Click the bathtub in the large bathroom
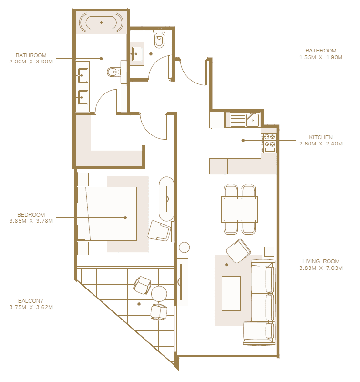pyautogui.click(x=101, y=23)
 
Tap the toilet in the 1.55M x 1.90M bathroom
pyautogui.click(x=159, y=39)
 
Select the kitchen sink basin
pyautogui.click(x=253, y=120)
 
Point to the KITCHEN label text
pyautogui.click(x=321, y=137)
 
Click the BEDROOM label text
pyautogui.click(x=31, y=215)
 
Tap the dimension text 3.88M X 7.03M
pyautogui.click(x=321, y=268)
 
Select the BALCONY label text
pyautogui.click(x=31, y=301)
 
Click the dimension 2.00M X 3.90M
pyautogui.click(x=31, y=62)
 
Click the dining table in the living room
pyautogui.click(x=239, y=209)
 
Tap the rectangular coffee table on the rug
pyautogui.click(x=231, y=293)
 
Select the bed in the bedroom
pyautogui.click(x=107, y=214)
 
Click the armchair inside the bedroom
pyautogui.click(x=159, y=231)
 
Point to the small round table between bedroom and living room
pyautogui.click(x=184, y=248)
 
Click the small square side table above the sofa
pyautogui.click(x=269, y=251)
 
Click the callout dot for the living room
pyautogui.click(x=226, y=265)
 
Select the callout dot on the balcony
pyautogui.click(x=139, y=304)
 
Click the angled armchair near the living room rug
pyautogui.click(x=238, y=251)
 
